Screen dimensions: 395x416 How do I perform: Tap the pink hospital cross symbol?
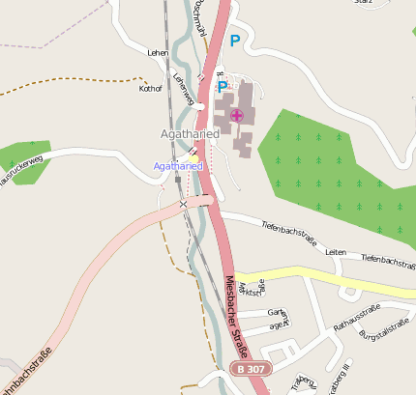pos(236,116)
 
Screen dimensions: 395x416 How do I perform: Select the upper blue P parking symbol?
pos(234,41)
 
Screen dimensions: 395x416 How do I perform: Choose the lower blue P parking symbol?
pos(222,87)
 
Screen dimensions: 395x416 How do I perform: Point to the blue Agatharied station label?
pos(178,166)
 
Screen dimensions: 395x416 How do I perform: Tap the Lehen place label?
pos(158,52)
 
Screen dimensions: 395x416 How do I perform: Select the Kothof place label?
pos(151,87)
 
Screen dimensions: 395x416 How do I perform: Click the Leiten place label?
pos(336,251)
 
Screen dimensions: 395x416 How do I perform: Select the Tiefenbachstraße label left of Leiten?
pos(289,232)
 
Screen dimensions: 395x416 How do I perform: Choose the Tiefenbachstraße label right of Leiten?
pos(388,260)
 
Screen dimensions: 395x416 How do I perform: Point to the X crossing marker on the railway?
pos(183,204)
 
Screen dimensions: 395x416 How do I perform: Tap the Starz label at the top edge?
pos(364,3)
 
